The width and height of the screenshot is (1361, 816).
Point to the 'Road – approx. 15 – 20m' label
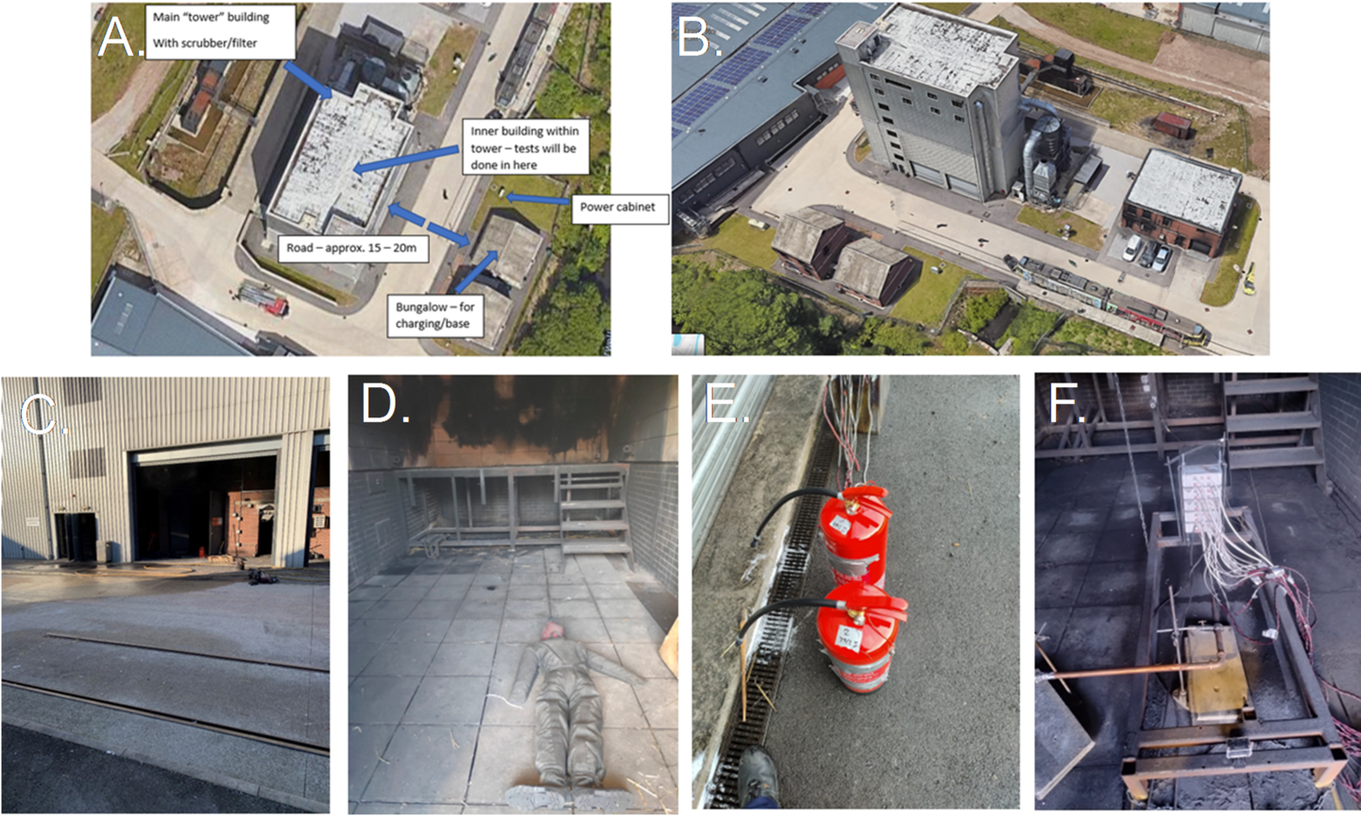coord(352,248)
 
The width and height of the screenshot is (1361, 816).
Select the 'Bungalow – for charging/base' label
coord(435,315)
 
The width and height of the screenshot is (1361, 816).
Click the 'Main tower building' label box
coord(221,31)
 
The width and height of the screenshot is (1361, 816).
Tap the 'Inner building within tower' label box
coord(525,147)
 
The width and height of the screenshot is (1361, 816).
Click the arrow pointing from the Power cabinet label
coord(537,198)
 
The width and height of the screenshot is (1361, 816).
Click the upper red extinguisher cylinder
coord(854,535)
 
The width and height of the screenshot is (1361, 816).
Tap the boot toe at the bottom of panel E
coord(758,774)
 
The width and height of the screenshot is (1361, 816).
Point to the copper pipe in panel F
coord(1131,671)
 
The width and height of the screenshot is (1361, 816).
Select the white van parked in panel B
coord(1132,246)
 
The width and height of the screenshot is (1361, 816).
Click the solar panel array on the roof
coord(747,58)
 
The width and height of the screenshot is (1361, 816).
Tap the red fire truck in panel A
coord(264,299)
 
